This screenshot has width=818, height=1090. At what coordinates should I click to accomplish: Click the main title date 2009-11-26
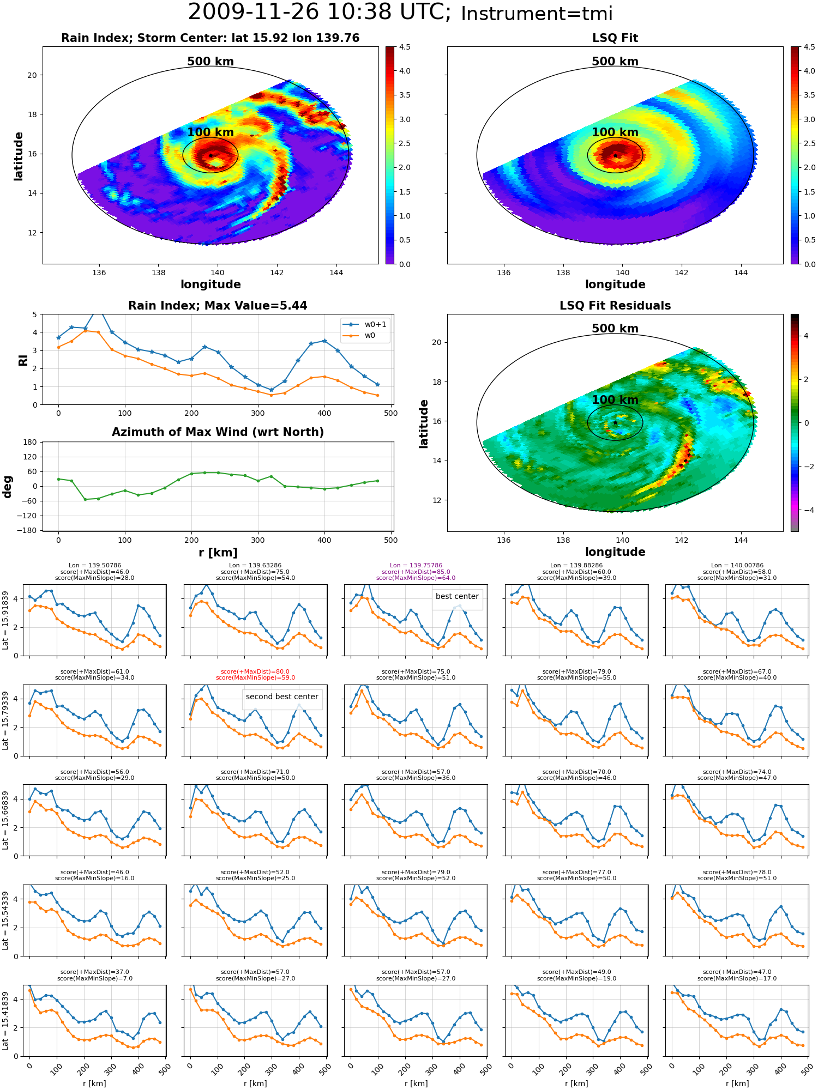(x=261, y=13)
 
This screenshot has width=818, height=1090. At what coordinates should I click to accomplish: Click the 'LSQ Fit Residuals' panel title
(x=615, y=306)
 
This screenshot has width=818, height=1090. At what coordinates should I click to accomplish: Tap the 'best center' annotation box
(x=457, y=596)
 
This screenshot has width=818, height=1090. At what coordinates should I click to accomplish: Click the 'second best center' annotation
(x=282, y=697)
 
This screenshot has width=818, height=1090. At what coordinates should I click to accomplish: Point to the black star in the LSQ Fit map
(x=615, y=155)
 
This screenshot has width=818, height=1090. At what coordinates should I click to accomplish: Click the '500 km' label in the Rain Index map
(x=210, y=62)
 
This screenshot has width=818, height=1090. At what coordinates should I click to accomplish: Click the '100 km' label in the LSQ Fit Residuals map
(x=615, y=399)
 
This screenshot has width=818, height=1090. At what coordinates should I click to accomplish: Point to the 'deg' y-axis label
(x=8, y=487)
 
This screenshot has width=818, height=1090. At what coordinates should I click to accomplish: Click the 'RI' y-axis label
(x=23, y=360)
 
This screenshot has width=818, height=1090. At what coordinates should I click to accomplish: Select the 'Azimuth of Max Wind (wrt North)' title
(x=218, y=432)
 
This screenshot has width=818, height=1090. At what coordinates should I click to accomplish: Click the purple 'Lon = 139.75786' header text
(x=416, y=566)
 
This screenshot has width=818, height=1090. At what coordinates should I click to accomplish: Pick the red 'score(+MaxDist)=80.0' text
(x=255, y=672)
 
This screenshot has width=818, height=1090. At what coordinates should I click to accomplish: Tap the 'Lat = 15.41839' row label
(x=5, y=1021)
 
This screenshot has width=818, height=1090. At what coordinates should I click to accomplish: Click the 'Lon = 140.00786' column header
(x=737, y=566)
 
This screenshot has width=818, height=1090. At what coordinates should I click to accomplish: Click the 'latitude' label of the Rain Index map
(x=19, y=156)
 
